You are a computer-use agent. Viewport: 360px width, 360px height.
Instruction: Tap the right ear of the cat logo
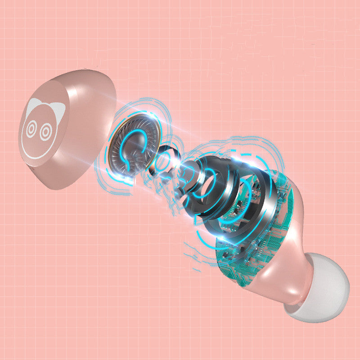[x=57, y=108]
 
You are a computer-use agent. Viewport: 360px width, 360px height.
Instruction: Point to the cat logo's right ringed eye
[x=45, y=131]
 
